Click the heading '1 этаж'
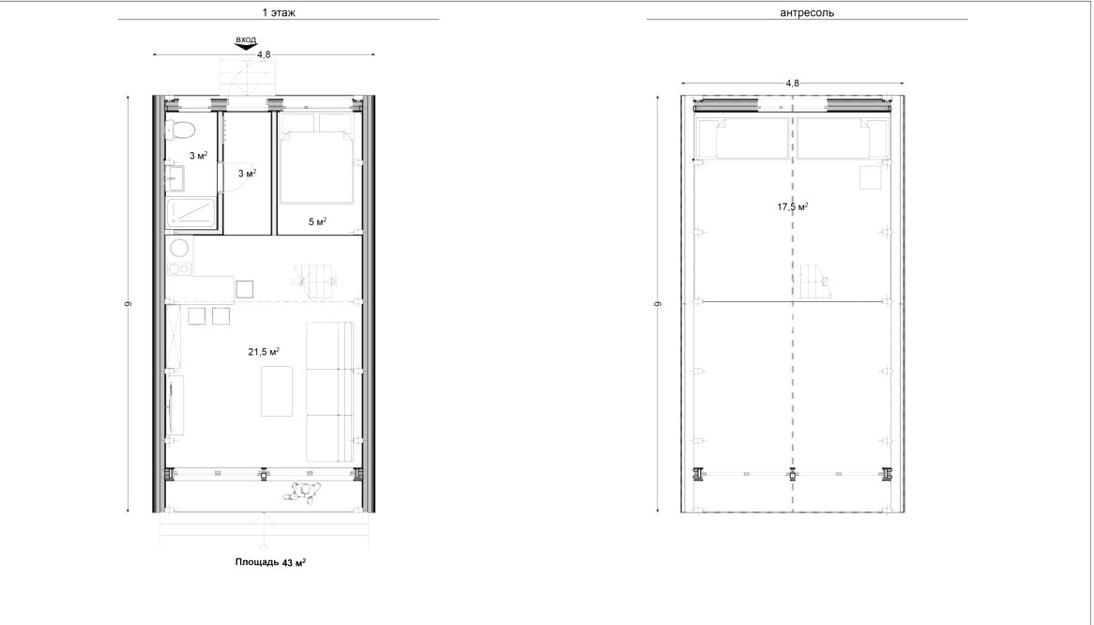pyautogui.click(x=279, y=12)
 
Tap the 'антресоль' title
pyautogui.click(x=807, y=12)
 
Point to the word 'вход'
pyautogui.click(x=246, y=39)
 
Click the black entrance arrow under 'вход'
pyautogui.click(x=246, y=47)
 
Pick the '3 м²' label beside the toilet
pyautogui.click(x=198, y=156)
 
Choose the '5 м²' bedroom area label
pyautogui.click(x=317, y=221)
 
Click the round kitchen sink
pyautogui.click(x=179, y=249)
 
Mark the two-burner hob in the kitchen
pyautogui.click(x=178, y=270)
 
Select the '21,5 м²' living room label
pyautogui.click(x=264, y=352)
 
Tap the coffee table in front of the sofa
pyautogui.click(x=277, y=390)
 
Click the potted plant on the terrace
pyautogui.click(x=303, y=492)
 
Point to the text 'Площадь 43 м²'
pyautogui.click(x=271, y=561)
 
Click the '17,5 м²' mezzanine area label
pyautogui.click(x=793, y=206)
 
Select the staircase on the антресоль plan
pyautogui.click(x=816, y=282)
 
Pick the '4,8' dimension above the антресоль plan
pyautogui.click(x=792, y=83)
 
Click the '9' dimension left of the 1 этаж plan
pyautogui.click(x=129, y=303)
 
